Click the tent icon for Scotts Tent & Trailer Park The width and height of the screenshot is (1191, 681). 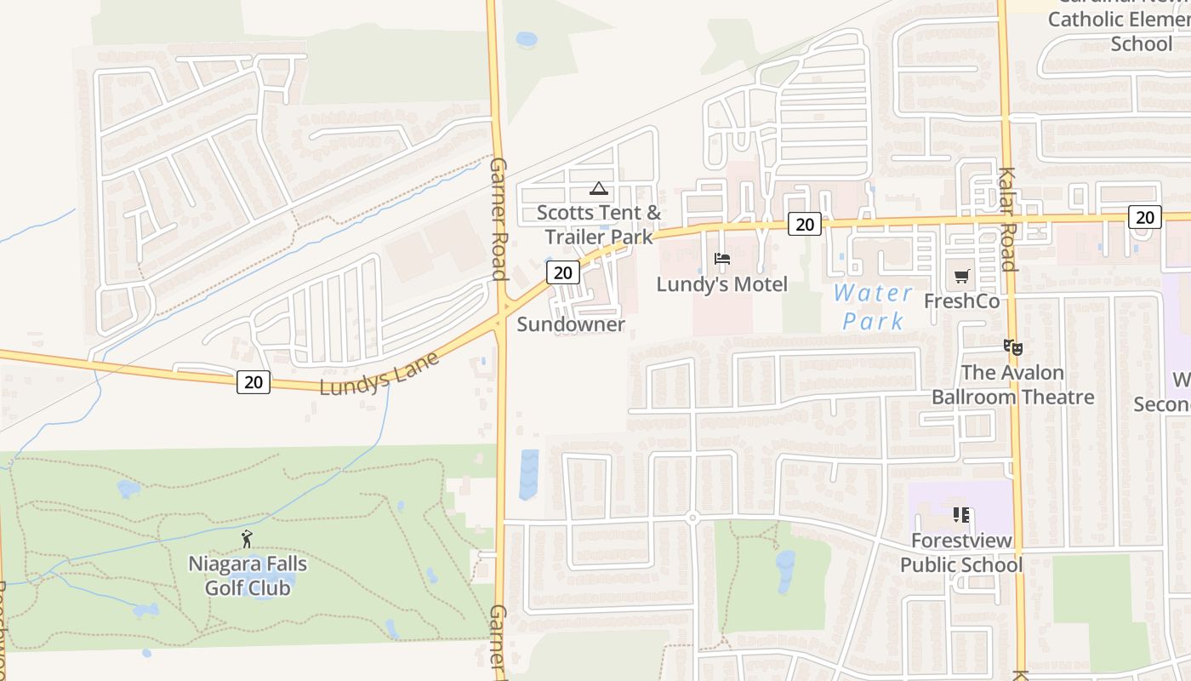pyautogui.click(x=598, y=188)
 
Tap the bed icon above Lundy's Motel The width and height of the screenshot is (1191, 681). pyautogui.click(x=721, y=259)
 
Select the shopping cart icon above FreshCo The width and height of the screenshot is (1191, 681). pyautogui.click(x=961, y=276)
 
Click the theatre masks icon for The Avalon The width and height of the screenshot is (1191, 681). pyautogui.click(x=1011, y=347)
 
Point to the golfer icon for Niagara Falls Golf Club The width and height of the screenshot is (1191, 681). pyautogui.click(x=247, y=538)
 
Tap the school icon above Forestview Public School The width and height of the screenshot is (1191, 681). pyautogui.click(x=961, y=515)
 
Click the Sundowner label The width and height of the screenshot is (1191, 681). pyautogui.click(x=571, y=324)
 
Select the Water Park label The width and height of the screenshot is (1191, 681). pyautogui.click(x=873, y=307)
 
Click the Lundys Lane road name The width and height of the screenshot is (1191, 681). pyautogui.click(x=379, y=373)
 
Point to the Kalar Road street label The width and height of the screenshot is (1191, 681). pyautogui.click(x=1008, y=219)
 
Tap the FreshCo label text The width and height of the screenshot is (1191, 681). pyautogui.click(x=961, y=301)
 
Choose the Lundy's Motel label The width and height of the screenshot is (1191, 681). pyautogui.click(x=721, y=284)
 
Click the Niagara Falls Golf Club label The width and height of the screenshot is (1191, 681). pyautogui.click(x=248, y=576)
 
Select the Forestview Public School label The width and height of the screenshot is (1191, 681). pyautogui.click(x=961, y=552)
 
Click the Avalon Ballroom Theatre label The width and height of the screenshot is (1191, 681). pyautogui.click(x=1012, y=385)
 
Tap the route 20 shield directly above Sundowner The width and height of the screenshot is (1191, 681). pyautogui.click(x=562, y=272)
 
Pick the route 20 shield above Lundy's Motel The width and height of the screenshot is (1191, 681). pyautogui.click(x=804, y=224)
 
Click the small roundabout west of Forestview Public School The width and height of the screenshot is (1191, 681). pyautogui.click(x=692, y=518)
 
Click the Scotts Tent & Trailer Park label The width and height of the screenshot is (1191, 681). pyautogui.click(x=599, y=225)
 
